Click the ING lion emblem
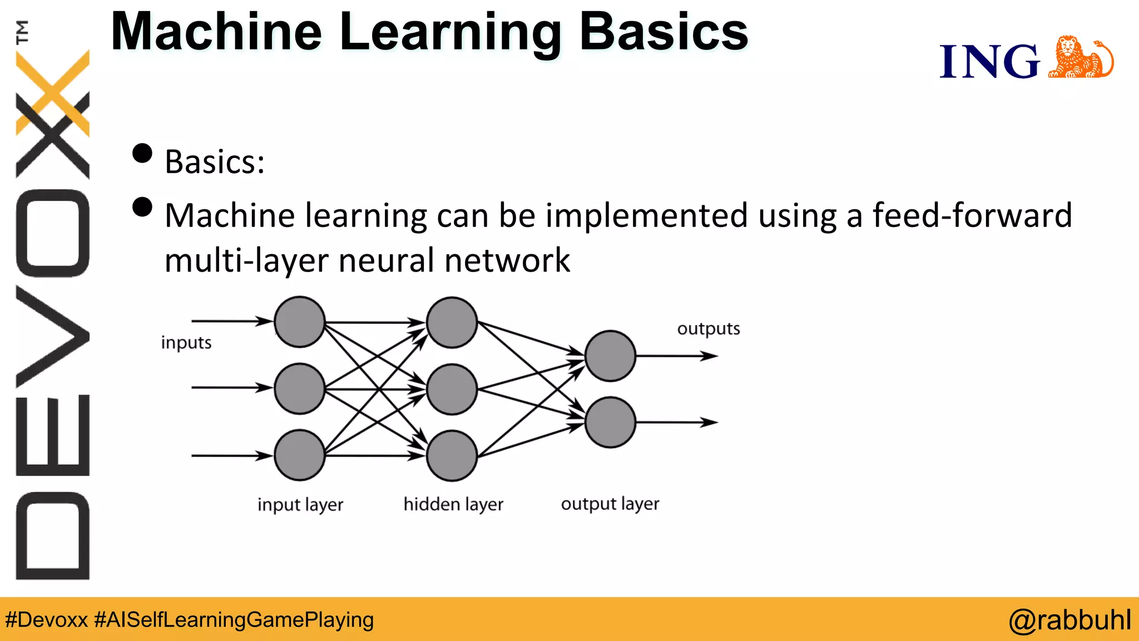pos(1080,58)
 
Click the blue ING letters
pos(989,61)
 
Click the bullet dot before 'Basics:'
pos(142,154)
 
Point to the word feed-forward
pos(972,215)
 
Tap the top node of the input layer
pos(300,322)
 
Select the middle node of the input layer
pos(300,388)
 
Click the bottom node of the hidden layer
pos(452,456)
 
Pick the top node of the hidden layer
pos(452,322)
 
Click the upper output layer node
pos(610,356)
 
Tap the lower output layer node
pos(610,422)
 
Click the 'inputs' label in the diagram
pos(186,343)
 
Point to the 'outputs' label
pos(709,329)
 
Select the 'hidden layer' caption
pos(453,504)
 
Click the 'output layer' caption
pos(610,504)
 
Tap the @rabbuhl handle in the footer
pos(1069,620)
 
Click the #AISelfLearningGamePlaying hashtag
pos(234,620)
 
